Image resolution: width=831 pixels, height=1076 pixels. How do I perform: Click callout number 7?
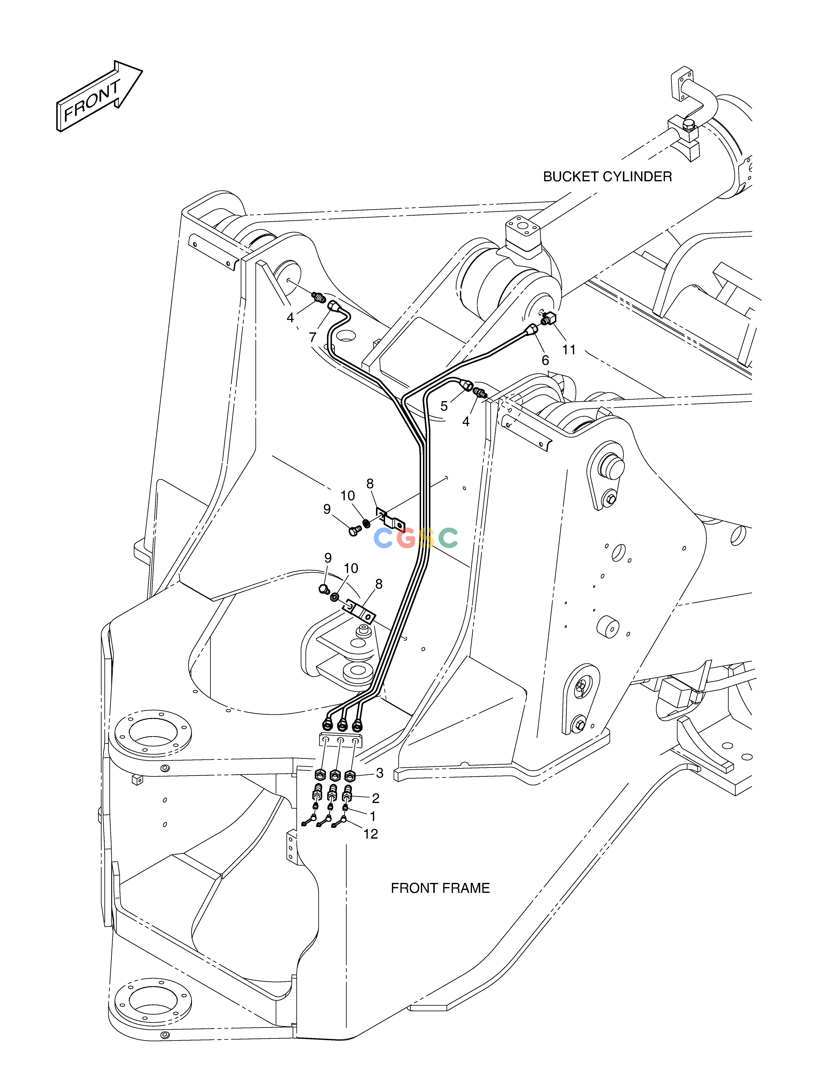(x=312, y=338)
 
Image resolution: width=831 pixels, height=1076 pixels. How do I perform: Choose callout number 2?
(x=376, y=798)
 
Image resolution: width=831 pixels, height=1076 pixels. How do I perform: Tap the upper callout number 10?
(x=348, y=496)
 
